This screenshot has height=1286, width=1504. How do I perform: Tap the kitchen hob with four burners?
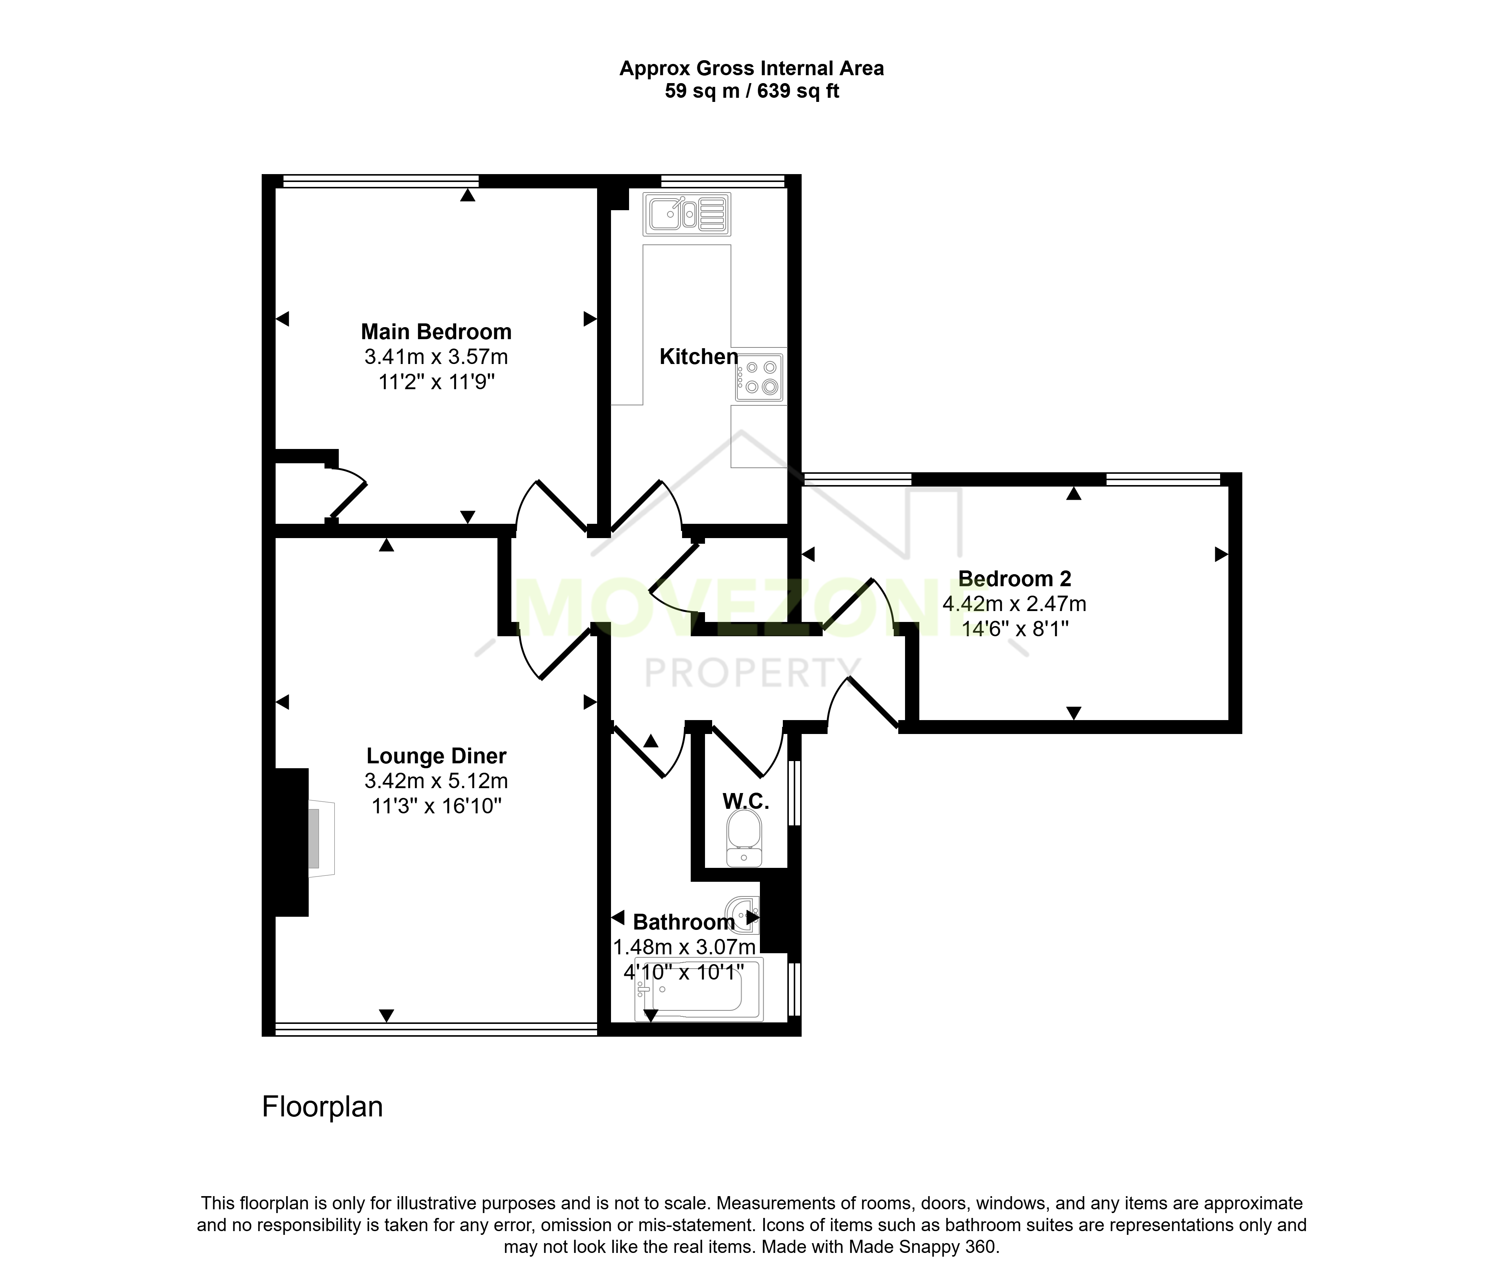tap(759, 378)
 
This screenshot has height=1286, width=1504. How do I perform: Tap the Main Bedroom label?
tap(436, 332)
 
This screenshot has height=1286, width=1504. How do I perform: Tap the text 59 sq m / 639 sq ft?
tap(752, 91)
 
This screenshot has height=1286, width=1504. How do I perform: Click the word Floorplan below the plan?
tap(322, 1107)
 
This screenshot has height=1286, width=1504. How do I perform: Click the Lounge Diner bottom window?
tap(436, 1028)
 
